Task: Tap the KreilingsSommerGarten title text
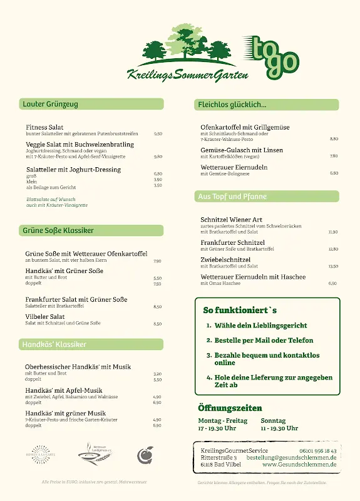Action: [187, 74]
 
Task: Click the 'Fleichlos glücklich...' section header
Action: [232, 105]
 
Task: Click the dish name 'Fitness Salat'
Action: [44, 127]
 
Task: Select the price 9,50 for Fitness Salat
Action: [158, 134]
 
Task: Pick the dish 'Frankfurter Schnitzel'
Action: [232, 242]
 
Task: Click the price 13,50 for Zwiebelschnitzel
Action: [333, 266]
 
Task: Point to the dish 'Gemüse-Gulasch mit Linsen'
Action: [241, 150]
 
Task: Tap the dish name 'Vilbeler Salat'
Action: [45, 317]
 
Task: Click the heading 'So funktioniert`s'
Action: [240, 310]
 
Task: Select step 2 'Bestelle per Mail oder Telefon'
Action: [263, 341]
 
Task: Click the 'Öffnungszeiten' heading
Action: [230, 408]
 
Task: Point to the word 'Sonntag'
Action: [273, 421]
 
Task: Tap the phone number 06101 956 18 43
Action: [318, 451]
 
